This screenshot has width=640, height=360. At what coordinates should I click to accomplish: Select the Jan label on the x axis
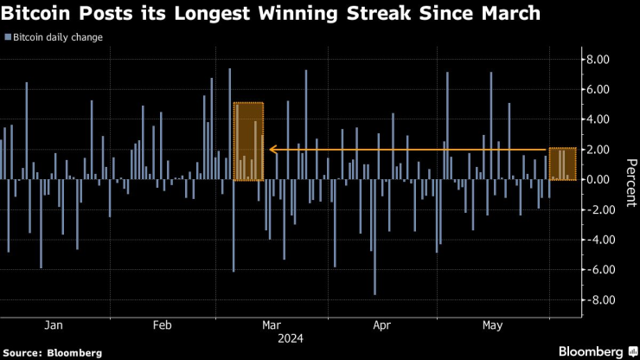coord(53,325)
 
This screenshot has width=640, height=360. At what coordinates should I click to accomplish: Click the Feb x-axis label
coord(163,325)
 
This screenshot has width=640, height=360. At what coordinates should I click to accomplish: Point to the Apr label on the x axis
coord(382,325)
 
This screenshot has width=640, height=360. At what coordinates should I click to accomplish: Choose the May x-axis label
coord(492,325)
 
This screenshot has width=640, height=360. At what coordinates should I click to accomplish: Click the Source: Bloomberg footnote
coord(53,352)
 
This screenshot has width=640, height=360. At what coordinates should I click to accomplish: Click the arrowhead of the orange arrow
coord(272,150)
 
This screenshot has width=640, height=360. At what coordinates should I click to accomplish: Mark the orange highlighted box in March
coord(249,142)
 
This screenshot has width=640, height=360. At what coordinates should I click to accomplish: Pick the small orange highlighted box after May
coord(562,164)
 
